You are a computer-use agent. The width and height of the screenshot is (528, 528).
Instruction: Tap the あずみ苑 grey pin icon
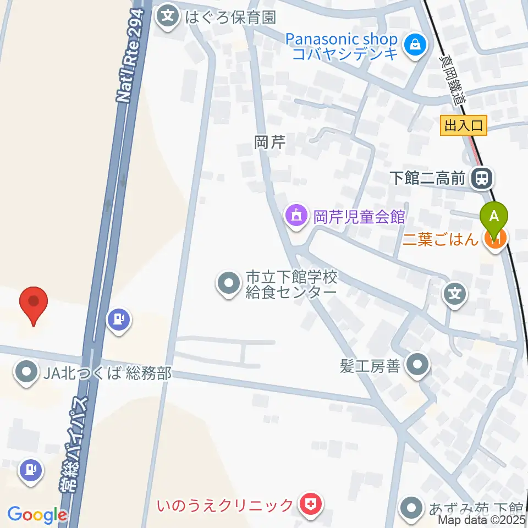411,507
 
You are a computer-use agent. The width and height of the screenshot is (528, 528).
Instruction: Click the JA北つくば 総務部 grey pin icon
26,374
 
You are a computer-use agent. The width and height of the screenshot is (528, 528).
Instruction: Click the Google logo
36,515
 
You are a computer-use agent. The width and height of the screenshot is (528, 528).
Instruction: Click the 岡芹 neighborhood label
270,143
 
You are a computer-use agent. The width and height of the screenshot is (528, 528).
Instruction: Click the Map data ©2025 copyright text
481,519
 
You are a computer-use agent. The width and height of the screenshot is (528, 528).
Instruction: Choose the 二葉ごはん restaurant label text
441,239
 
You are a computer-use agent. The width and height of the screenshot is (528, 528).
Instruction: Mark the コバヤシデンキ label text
345,54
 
